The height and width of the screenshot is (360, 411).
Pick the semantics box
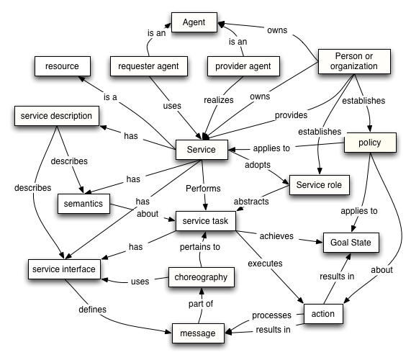(83, 204)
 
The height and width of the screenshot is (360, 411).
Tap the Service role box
(317, 185)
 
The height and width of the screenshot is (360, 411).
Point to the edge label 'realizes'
(220, 100)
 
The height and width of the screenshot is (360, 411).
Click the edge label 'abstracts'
(250, 202)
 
